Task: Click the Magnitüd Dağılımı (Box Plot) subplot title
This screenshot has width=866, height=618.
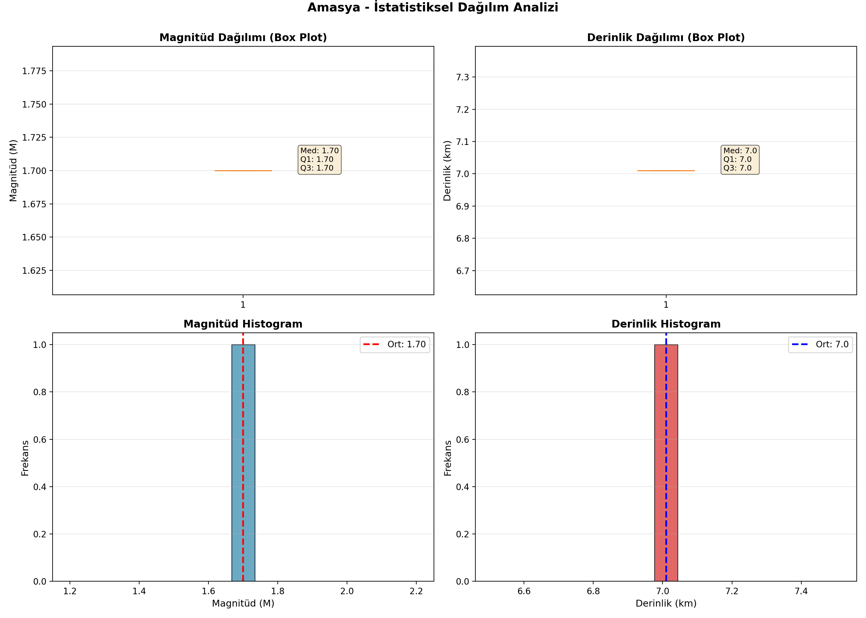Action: [x=243, y=37]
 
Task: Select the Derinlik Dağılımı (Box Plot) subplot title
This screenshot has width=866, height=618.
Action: [x=666, y=37]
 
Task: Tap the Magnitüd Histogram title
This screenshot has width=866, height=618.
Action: [x=243, y=324]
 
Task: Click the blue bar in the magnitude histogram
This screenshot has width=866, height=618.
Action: [x=243, y=463]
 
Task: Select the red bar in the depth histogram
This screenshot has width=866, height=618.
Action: [x=666, y=463]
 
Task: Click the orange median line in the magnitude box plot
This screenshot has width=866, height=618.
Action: [x=243, y=171]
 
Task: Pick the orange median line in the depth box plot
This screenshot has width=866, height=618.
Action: [x=666, y=171]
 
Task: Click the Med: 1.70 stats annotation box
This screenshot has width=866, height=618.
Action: [x=319, y=159]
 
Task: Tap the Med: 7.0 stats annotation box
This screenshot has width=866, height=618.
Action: [x=740, y=159]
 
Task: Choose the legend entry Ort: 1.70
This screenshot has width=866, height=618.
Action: [x=395, y=345]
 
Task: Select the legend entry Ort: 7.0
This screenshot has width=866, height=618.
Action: [x=820, y=345]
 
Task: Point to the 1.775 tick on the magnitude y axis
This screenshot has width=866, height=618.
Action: [x=34, y=71]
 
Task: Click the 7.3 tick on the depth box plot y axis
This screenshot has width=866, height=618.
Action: [x=462, y=77]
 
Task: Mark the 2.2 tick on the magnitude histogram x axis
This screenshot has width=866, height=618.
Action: [x=416, y=591]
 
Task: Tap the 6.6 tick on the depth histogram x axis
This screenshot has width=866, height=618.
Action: [x=524, y=591]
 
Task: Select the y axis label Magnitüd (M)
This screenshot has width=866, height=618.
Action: [x=13, y=171]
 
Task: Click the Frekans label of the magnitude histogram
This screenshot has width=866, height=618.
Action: [x=25, y=458]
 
